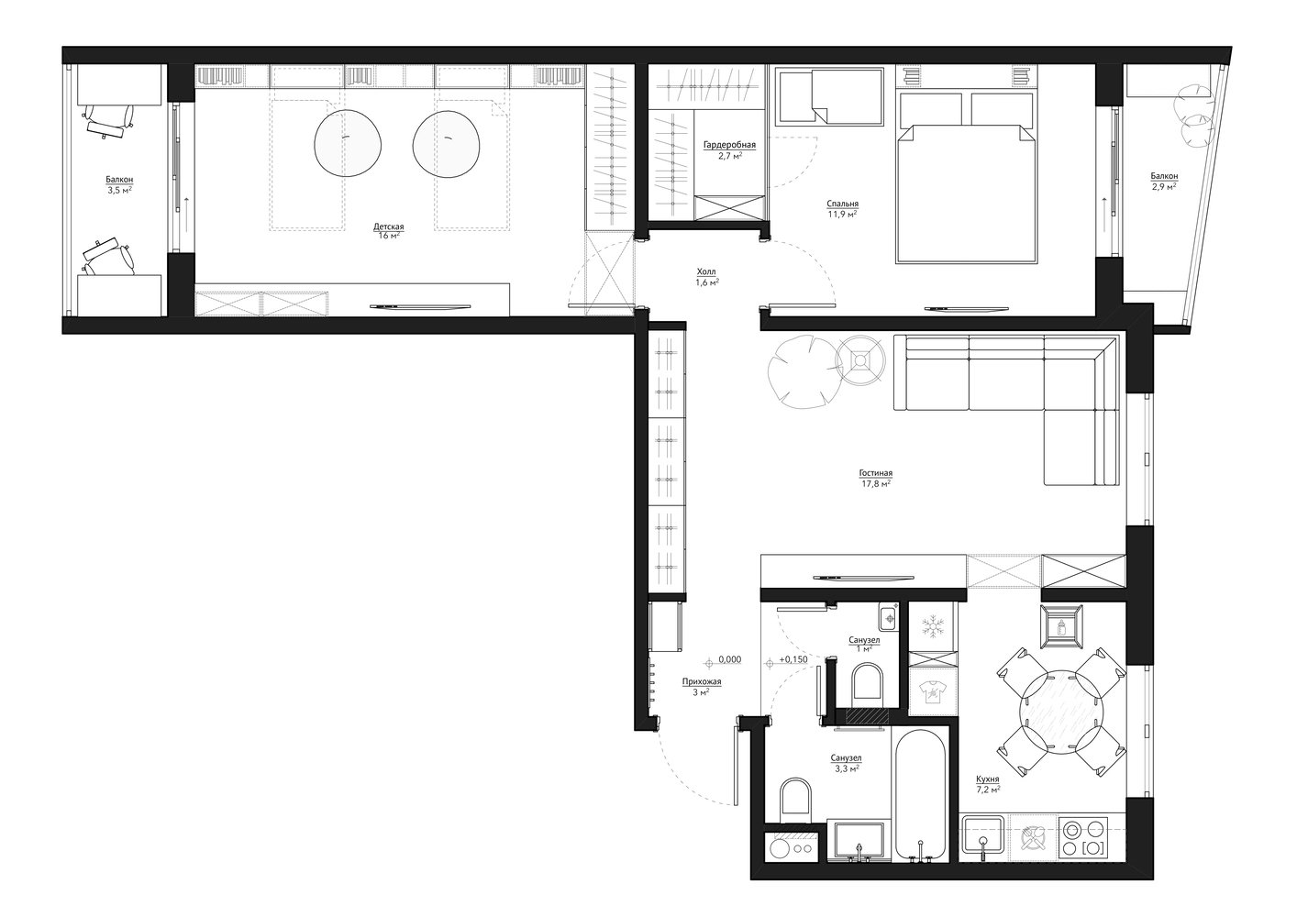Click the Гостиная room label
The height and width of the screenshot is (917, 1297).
875,473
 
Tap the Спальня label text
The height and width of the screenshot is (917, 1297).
842,204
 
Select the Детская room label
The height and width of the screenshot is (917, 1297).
389,226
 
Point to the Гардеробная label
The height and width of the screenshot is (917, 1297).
729,145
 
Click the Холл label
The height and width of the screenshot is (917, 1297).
706,271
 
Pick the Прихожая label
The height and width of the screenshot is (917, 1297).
702,681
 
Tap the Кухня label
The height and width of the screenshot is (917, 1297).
988,779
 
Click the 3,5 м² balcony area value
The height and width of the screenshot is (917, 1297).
119,190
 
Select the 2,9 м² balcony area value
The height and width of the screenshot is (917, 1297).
1164,186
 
